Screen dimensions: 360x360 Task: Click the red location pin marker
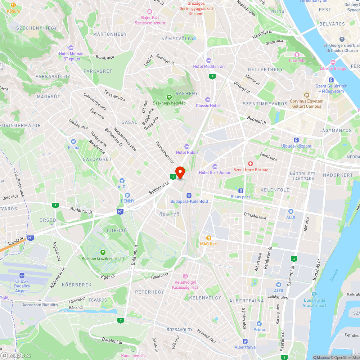180,172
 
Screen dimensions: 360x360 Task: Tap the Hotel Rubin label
187,152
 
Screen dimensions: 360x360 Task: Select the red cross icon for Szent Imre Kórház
251,164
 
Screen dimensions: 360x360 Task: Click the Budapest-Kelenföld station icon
189,195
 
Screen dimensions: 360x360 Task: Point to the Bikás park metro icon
241,191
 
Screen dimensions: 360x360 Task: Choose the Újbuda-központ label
296,146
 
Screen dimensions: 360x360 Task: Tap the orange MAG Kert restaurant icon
209,238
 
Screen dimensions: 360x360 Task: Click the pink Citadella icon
297,55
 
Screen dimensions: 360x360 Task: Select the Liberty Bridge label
333,68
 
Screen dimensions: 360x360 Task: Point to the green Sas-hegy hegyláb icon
169,97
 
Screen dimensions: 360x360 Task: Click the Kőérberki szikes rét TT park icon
103,252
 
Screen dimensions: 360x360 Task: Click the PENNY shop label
127,201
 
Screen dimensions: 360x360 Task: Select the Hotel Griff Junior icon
215,166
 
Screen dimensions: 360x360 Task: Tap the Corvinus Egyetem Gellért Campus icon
307,95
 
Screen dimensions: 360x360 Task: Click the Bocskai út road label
257,120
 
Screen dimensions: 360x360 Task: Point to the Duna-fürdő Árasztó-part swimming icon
315,294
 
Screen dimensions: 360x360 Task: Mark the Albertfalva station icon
245,341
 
